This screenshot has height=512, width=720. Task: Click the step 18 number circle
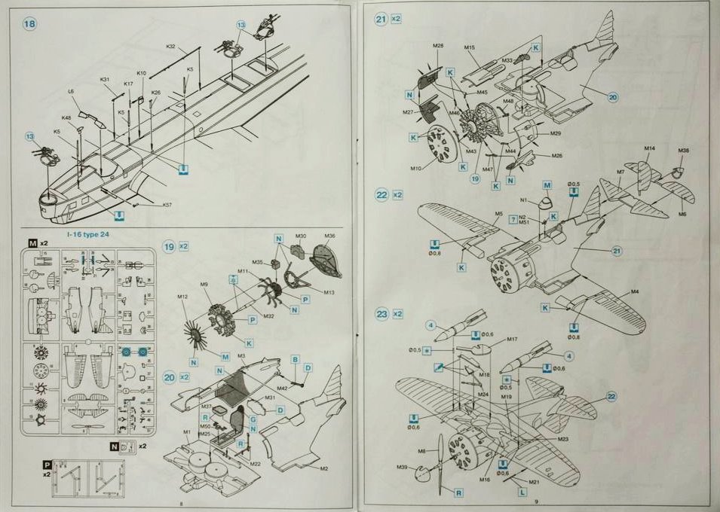click(x=30, y=24)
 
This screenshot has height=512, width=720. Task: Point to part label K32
click(x=170, y=47)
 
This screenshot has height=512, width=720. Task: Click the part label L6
click(x=71, y=91)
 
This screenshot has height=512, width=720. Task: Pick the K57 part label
click(x=167, y=205)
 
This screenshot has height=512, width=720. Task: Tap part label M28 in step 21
click(x=438, y=46)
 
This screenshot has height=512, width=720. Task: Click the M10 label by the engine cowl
click(x=416, y=169)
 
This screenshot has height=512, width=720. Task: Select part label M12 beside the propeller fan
click(x=182, y=296)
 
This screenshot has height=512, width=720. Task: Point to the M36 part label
click(x=329, y=236)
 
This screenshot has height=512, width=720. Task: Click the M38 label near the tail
click(x=683, y=151)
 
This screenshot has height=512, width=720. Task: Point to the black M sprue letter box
click(x=32, y=243)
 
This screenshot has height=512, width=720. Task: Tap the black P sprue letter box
click(x=47, y=465)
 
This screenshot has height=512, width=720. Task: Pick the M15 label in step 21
click(x=469, y=47)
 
